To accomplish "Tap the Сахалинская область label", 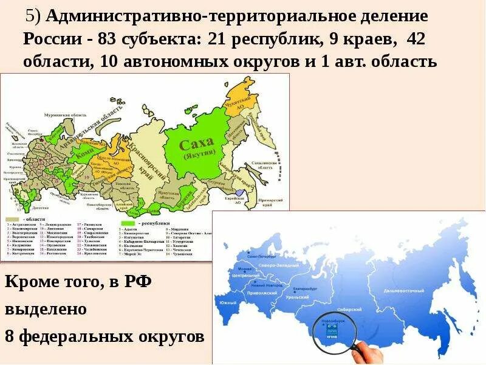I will [x=265, y=165].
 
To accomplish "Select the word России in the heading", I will [x=49, y=40].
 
